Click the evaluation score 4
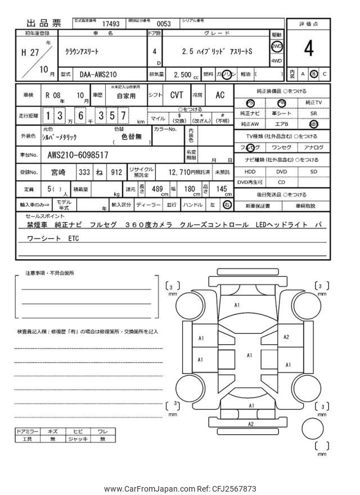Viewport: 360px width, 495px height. click(309, 49)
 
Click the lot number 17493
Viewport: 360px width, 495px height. click(111, 24)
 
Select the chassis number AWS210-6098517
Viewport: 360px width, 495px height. click(78, 154)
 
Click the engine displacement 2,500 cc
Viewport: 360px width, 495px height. click(184, 74)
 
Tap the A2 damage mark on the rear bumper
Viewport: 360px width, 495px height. click(251, 424)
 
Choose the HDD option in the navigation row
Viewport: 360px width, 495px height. click(250, 172)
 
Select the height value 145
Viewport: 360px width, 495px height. click(221, 188)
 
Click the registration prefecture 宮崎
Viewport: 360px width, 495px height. click(58, 172)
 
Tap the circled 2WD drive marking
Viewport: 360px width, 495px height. click(277, 46)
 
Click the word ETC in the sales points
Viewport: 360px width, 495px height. click(74, 238)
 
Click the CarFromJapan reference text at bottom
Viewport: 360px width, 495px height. click(180, 488)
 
